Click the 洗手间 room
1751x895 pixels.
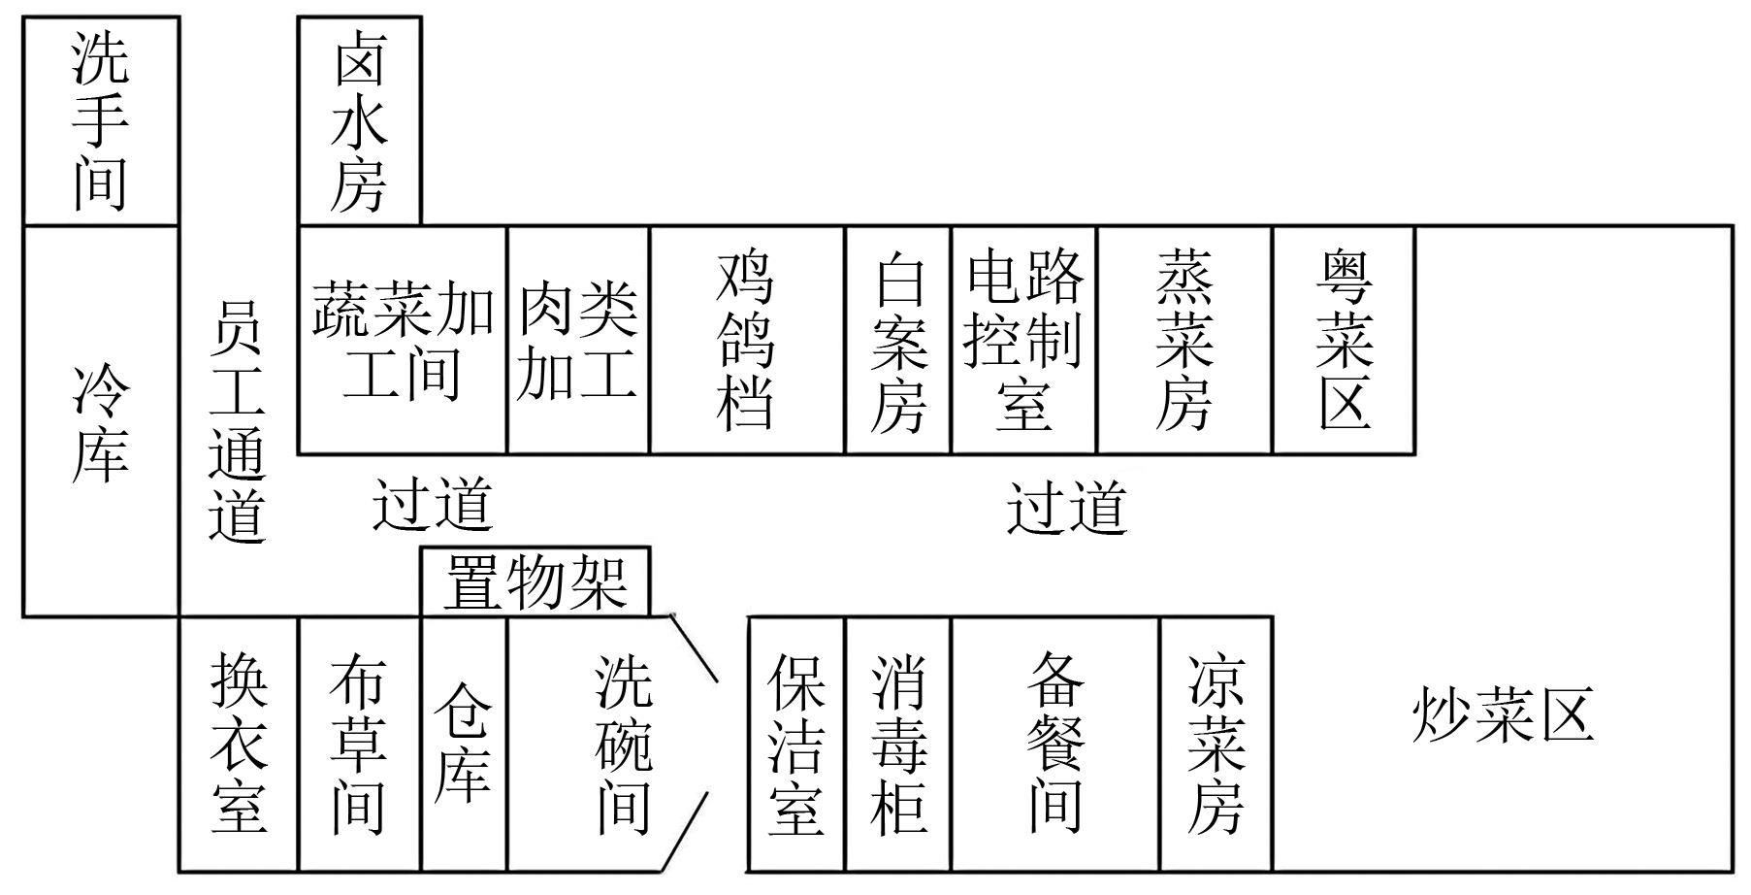(x=101, y=121)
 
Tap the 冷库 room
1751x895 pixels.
(x=101, y=421)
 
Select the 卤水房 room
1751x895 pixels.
(x=359, y=121)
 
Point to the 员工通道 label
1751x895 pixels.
(x=237, y=421)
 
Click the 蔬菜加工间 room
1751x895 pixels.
(x=402, y=340)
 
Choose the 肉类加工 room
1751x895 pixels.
(x=578, y=340)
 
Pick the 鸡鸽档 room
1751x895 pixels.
(x=747, y=340)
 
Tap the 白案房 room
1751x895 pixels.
(x=898, y=340)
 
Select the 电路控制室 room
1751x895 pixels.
(x=1023, y=340)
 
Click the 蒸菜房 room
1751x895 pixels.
(x=1184, y=340)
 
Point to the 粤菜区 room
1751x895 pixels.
(x=1344, y=340)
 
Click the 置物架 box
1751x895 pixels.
(x=535, y=581)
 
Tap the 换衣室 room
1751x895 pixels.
(x=239, y=744)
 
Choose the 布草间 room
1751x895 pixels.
(x=359, y=744)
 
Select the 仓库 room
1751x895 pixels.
(x=464, y=744)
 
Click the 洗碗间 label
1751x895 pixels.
(x=624, y=745)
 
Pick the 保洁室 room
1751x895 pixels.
(x=796, y=744)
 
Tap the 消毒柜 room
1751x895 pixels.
(x=898, y=744)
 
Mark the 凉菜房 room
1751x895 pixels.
(x=1216, y=744)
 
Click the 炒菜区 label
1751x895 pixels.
(x=1503, y=715)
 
